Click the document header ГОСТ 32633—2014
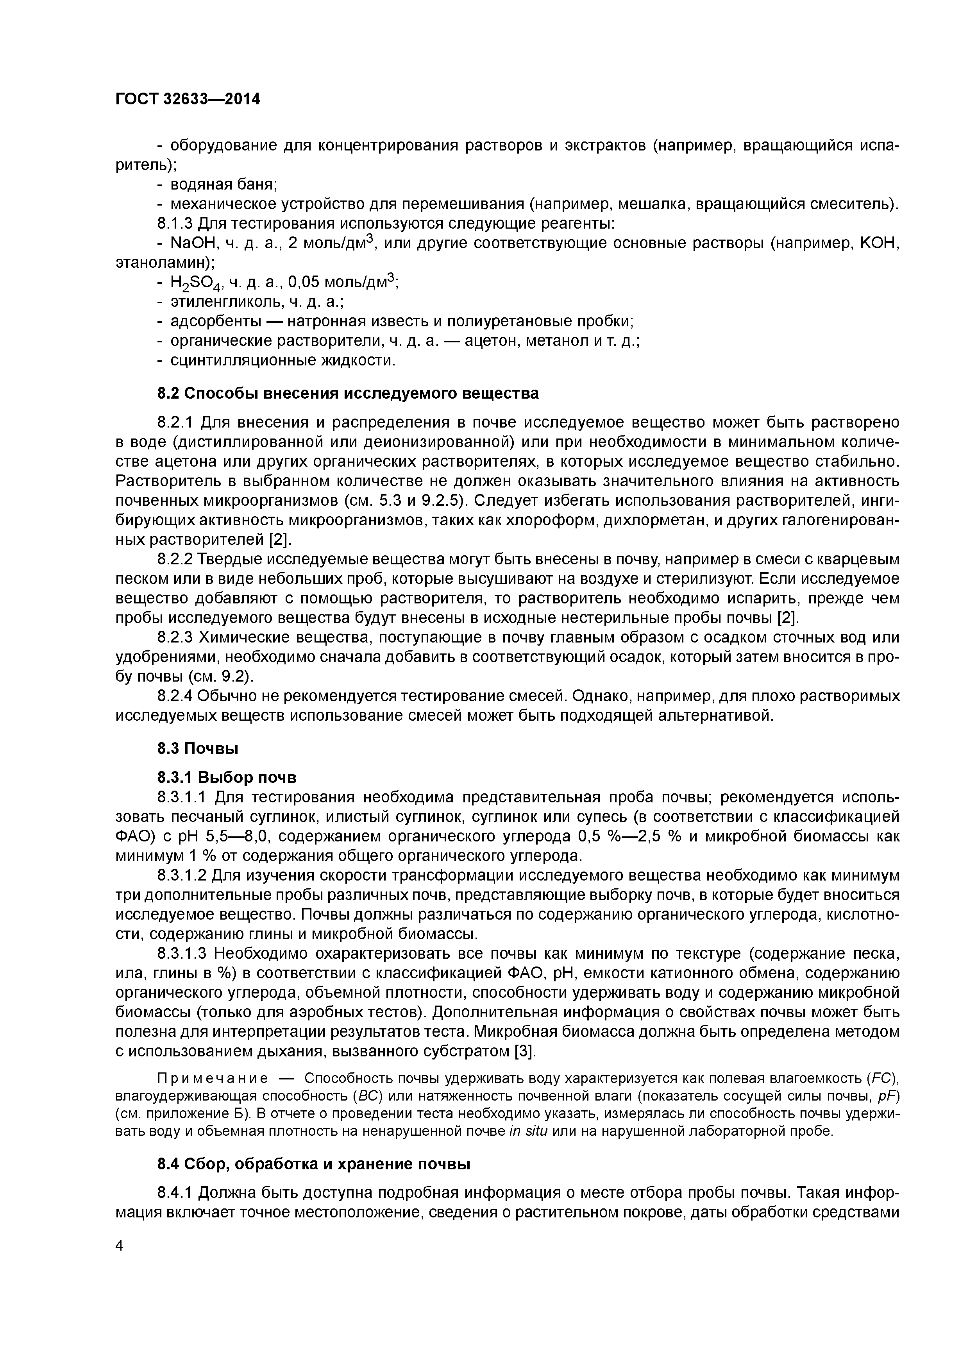coord(188,99)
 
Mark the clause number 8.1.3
coord(175,224)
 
